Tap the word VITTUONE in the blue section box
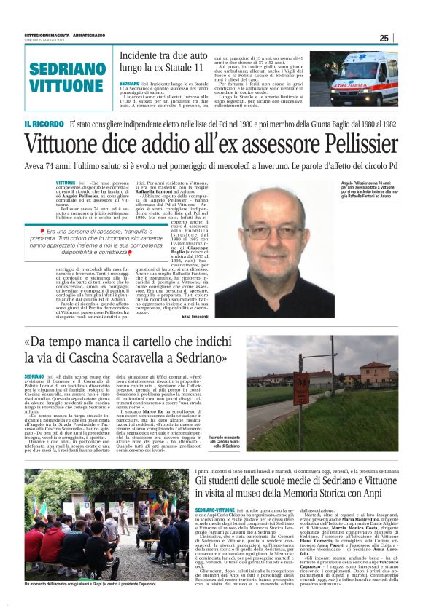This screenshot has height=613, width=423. [62, 85]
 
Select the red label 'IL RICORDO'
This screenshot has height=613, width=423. [44, 124]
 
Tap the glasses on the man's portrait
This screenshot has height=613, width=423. [274, 232]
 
